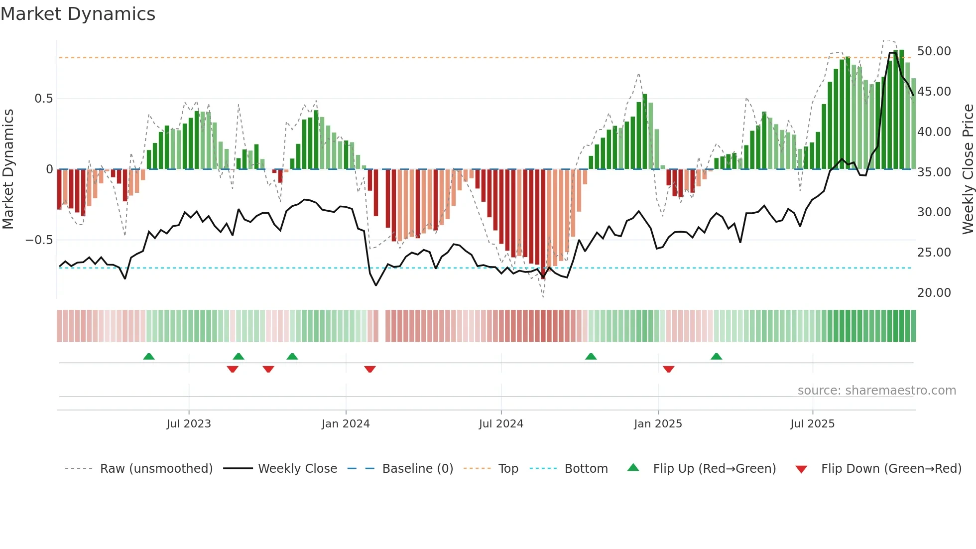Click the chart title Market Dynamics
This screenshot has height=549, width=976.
tap(78, 14)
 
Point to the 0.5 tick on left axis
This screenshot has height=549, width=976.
tap(43, 99)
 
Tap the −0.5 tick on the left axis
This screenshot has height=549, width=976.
tap(39, 240)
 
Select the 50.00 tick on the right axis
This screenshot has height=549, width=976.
tap(934, 51)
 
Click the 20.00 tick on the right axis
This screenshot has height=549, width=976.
tap(934, 293)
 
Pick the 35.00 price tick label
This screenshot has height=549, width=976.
tap(934, 172)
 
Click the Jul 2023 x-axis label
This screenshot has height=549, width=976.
tap(189, 424)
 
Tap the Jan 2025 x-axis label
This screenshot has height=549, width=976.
tap(658, 424)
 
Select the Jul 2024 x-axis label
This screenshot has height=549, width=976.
tap(501, 424)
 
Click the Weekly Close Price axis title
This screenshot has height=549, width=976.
tap(968, 169)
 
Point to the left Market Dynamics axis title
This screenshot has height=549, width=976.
tap(8, 169)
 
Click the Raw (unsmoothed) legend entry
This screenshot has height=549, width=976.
tap(156, 469)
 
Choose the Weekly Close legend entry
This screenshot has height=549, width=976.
tap(297, 469)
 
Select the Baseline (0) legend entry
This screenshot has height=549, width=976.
tap(417, 469)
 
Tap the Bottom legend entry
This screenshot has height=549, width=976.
tap(586, 469)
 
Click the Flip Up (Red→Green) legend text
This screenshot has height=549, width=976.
tap(714, 469)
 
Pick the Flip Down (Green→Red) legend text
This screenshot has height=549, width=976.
tap(891, 469)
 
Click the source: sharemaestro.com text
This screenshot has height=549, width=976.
tap(876, 391)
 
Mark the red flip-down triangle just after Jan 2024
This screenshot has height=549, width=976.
tap(370, 369)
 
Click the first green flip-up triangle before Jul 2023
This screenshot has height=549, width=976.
tap(149, 356)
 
